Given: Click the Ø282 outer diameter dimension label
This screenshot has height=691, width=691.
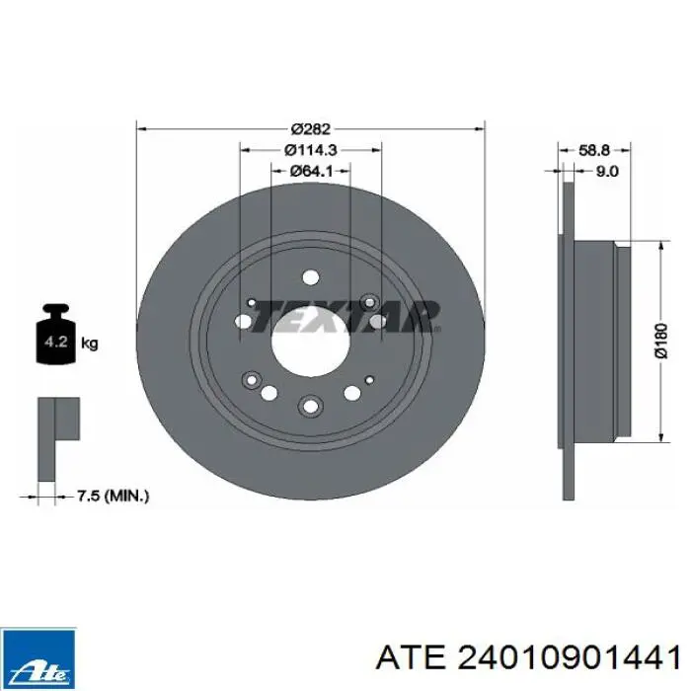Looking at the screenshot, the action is coord(311,129).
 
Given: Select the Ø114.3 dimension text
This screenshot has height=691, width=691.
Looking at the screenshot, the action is coord(311,150).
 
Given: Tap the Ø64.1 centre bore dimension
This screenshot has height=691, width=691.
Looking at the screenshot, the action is coord(311,171).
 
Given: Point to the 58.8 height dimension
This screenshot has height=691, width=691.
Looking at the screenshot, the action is coord(593,150).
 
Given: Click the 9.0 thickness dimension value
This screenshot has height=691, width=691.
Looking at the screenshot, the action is coord(607,171).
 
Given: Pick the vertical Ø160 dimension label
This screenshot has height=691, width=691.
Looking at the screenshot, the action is coord(660,342).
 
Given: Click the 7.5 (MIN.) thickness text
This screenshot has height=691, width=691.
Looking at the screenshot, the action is coord(113,497).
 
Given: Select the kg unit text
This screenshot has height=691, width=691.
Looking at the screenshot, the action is coord(90,343).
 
